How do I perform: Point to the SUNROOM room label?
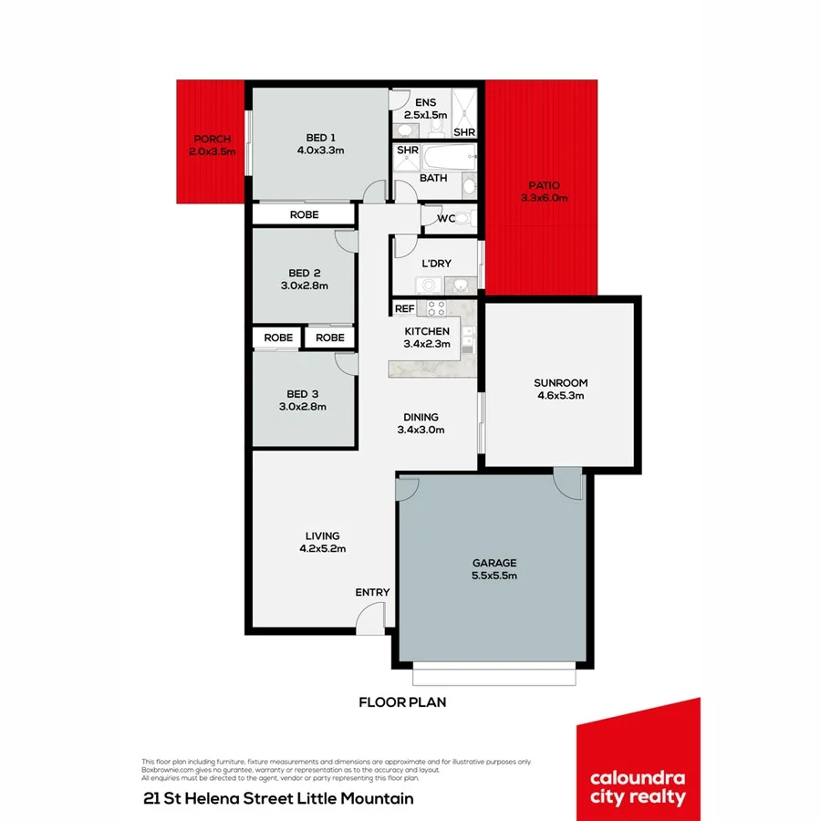pyautogui.click(x=561, y=383)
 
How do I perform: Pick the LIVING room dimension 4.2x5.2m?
pyautogui.click(x=323, y=548)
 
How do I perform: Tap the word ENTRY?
pyautogui.click(x=372, y=593)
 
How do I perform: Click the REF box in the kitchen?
pyautogui.click(x=404, y=309)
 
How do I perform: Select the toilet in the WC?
pyautogui.click(x=462, y=218)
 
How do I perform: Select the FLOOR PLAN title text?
pyautogui.click(x=401, y=703)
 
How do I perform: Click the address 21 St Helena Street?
pyautogui.click(x=233, y=798)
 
